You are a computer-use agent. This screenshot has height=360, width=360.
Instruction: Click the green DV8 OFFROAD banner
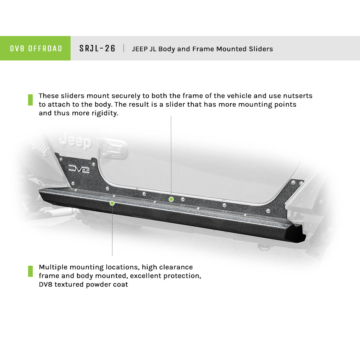tap(35, 48)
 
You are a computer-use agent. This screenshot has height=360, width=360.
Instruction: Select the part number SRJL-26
tap(97, 49)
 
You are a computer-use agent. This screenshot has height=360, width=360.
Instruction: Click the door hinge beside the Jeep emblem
tap(112, 148)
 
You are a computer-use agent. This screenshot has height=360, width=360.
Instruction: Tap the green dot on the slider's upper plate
tap(171, 199)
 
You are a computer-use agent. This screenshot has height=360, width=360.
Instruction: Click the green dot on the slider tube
tap(112, 203)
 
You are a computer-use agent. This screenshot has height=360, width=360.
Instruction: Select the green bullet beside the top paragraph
tap(30, 100)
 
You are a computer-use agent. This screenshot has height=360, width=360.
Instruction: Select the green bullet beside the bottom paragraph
tap(30, 271)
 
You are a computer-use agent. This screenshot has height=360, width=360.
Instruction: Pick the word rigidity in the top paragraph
tap(105, 113)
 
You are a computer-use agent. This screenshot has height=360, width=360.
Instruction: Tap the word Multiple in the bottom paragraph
tap(53, 267)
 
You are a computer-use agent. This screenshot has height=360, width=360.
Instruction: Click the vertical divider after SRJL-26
tap(124, 48)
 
